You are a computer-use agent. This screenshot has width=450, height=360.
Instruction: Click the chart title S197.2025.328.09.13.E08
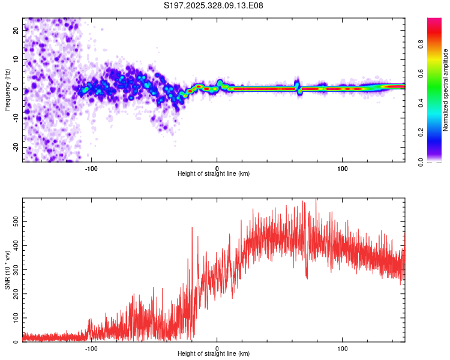click(x=214, y=5)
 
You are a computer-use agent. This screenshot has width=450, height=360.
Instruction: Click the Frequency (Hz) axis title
click(x=7, y=90)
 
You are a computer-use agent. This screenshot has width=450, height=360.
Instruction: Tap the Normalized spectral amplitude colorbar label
click(x=446, y=90)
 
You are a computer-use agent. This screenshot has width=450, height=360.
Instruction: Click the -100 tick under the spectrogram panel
click(x=91, y=168)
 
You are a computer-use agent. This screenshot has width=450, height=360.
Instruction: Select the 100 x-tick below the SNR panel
click(x=343, y=349)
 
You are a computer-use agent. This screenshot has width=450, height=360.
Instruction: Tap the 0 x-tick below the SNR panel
click(x=217, y=349)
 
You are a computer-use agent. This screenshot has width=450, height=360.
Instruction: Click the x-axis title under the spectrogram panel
click(x=214, y=174)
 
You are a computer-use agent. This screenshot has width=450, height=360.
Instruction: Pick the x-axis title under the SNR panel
click(x=214, y=355)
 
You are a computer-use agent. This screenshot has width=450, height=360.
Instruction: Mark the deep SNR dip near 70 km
click(x=307, y=277)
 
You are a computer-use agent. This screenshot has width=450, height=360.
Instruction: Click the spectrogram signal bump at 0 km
click(x=220, y=83)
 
